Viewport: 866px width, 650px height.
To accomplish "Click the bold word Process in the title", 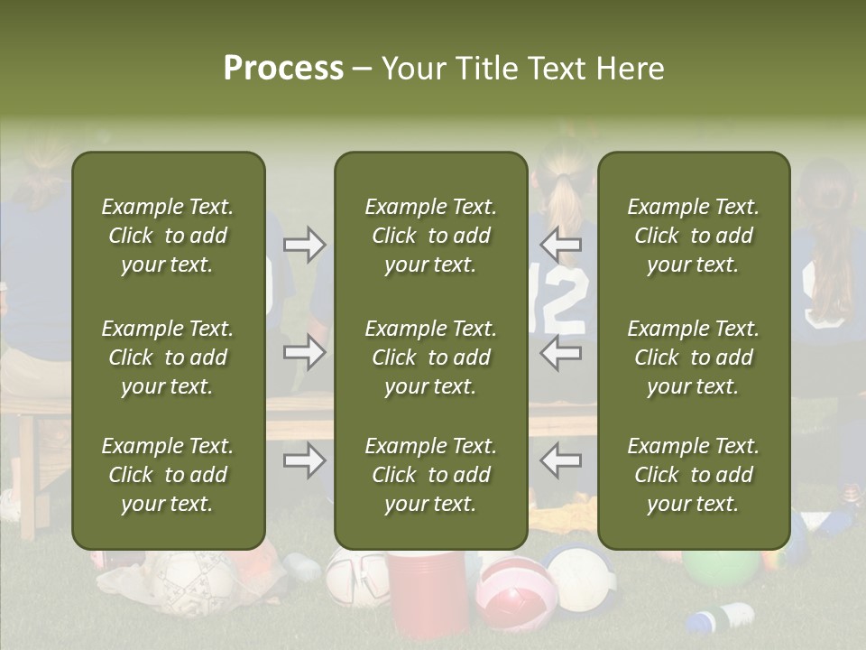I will (283, 69).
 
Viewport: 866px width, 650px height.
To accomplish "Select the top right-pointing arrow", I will (304, 245).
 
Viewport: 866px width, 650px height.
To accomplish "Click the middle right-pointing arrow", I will (304, 351).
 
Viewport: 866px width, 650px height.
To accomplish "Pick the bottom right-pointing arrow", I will (304, 460).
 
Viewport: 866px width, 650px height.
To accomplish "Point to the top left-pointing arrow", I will (561, 245).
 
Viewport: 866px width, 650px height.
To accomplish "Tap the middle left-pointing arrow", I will (561, 351).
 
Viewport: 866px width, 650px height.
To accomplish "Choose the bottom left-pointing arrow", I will (561, 460).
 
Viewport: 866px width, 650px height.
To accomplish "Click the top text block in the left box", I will (168, 236).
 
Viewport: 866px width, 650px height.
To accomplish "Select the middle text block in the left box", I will (168, 357).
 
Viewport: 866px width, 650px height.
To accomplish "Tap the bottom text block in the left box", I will (168, 475).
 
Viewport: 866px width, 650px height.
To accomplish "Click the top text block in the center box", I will (430, 236).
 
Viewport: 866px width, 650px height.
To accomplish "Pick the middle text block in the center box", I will (430, 357).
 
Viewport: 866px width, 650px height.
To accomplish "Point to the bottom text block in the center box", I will (430, 475).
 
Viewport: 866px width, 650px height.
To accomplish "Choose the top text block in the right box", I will (693, 236).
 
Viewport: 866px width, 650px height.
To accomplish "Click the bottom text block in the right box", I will (693, 475).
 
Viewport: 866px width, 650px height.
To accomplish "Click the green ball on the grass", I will (721, 568).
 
